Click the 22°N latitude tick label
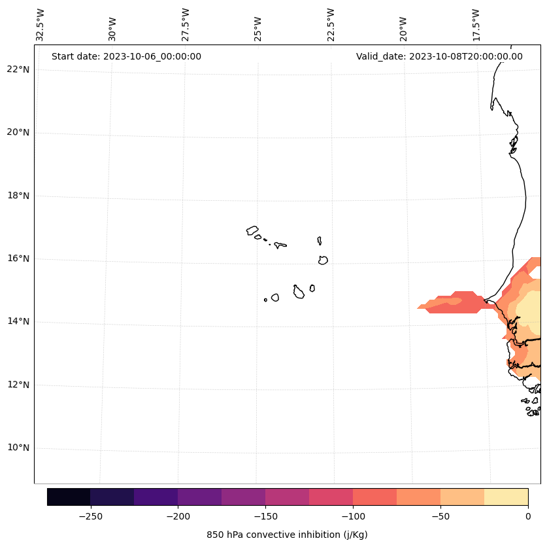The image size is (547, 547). [18, 69]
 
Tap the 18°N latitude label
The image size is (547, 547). [18, 196]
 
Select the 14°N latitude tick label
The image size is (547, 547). [18, 321]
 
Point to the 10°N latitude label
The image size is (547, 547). [18, 448]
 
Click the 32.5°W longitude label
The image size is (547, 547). [41, 25]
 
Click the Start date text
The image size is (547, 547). [126, 56]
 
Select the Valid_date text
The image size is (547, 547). [439, 56]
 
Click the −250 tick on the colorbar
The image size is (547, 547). [90, 516]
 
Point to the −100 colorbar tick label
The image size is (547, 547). [353, 516]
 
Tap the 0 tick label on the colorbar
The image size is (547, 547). [527, 516]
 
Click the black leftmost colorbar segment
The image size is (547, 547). [69, 497]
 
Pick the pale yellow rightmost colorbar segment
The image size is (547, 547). [506, 497]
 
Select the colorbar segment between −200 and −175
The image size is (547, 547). [199, 497]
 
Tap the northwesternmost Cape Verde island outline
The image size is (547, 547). [252, 230]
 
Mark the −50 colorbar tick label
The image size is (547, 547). [440, 516]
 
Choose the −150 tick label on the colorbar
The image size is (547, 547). [265, 516]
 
